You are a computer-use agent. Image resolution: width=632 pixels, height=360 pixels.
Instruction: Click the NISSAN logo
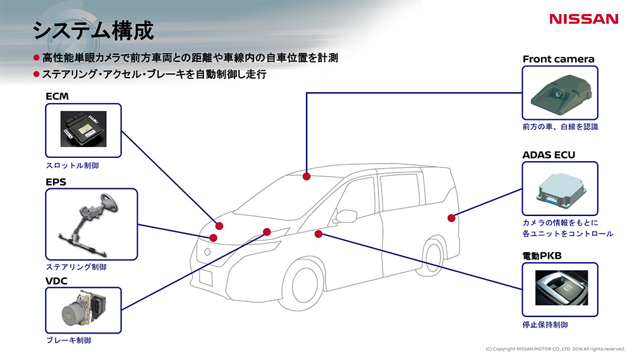click(583, 19)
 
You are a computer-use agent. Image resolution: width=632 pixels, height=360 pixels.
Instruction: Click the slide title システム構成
click(93, 30)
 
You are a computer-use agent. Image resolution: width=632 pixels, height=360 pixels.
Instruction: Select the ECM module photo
click(83, 130)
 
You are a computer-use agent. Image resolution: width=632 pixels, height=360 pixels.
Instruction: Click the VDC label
click(56, 280)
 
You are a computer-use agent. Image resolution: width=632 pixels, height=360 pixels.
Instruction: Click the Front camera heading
click(558, 59)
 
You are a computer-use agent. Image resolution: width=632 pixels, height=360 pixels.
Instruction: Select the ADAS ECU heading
click(549, 155)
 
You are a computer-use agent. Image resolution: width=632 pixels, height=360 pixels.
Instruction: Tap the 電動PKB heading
click(542, 256)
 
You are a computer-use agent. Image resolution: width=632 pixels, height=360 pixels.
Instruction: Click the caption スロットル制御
click(72, 165)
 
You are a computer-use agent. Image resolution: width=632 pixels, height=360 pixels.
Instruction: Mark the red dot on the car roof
click(307, 176)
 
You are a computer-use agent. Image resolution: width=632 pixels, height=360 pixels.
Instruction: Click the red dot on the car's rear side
click(451, 218)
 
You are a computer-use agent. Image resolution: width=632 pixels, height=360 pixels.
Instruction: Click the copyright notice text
click(555, 349)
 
